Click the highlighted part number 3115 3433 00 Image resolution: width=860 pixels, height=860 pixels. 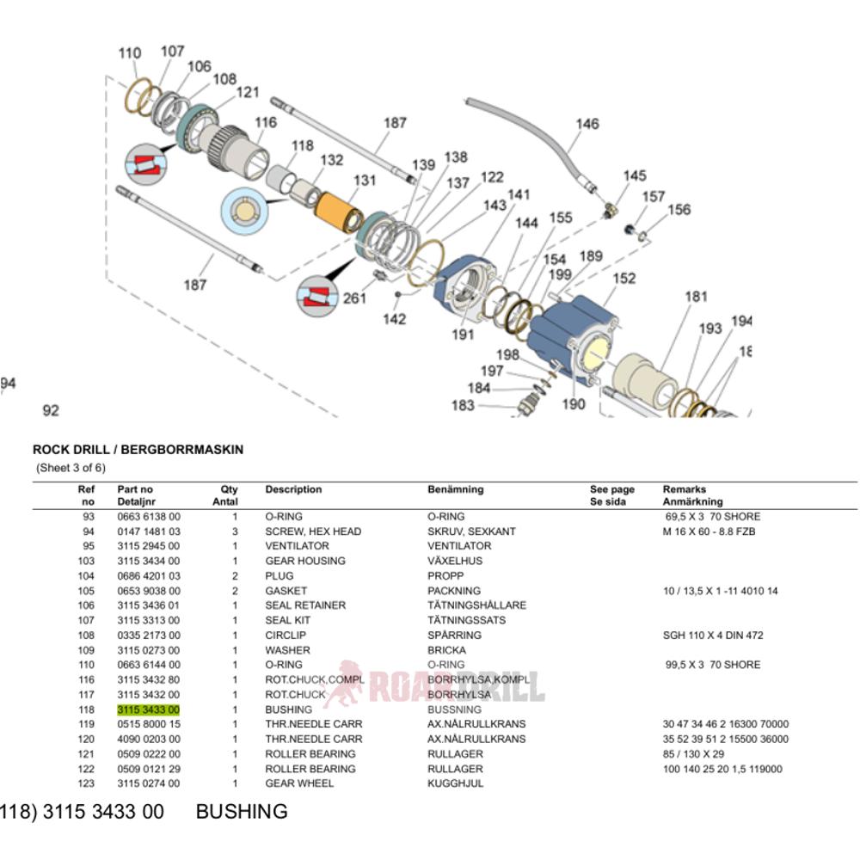tap(148, 709)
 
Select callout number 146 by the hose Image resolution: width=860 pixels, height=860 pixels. tap(587, 124)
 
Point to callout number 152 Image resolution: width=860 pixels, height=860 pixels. tap(624, 279)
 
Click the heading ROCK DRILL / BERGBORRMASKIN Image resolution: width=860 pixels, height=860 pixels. tap(138, 449)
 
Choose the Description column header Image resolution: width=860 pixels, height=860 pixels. tap(293, 489)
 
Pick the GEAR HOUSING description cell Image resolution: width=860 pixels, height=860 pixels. tap(304, 561)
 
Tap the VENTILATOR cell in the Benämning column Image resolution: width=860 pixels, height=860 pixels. tap(459, 546)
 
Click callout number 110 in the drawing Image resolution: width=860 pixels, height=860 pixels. tap(129, 53)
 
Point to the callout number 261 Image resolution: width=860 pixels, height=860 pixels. tap(354, 298)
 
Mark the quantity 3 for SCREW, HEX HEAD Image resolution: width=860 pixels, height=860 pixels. tap(234, 531)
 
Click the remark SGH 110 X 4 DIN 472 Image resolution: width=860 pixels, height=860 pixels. tap(714, 636)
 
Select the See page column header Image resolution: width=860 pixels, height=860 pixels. tap(611, 489)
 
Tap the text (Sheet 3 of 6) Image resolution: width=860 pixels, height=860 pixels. tap(71, 468)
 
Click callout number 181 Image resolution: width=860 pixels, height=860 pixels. tap(696, 298)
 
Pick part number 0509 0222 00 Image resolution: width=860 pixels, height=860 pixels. tap(148, 754)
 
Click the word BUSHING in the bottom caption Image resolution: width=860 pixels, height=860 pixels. tap(242, 812)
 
